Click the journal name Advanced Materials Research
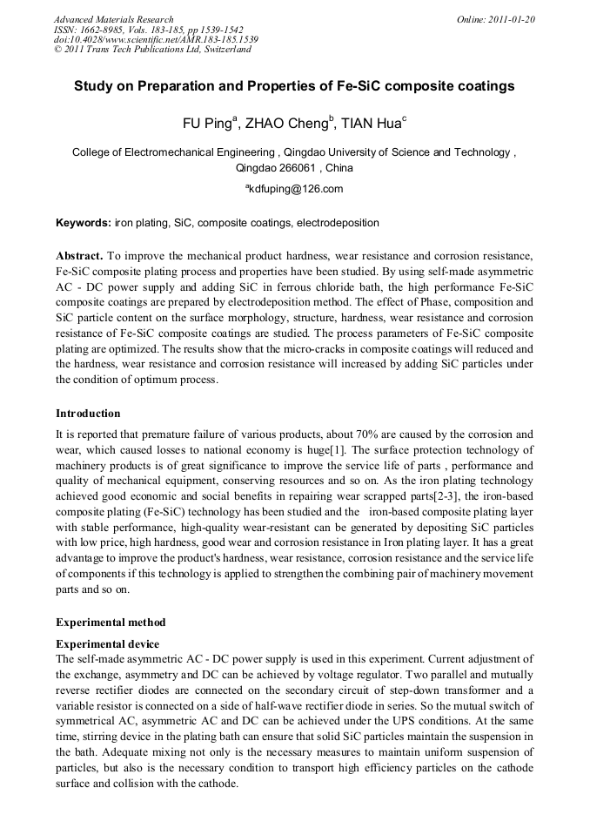pos(113,19)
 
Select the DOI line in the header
pos(156,39)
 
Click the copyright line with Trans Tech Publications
pos(152,50)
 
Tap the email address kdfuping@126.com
pos(297,189)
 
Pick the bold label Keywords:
pos(84,223)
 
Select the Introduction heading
pos(88,413)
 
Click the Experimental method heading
pos(111,623)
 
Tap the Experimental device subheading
pos(107,643)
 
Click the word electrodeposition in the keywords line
pos(338,223)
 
